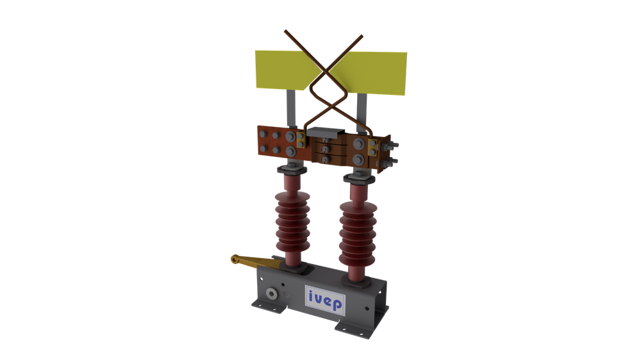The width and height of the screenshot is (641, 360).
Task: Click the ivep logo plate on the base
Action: click(325, 300)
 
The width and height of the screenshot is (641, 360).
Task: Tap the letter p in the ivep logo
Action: click(337, 304)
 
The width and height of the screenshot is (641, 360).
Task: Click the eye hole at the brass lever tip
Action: click(234, 259)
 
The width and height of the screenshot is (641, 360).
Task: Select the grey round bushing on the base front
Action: click(271, 294)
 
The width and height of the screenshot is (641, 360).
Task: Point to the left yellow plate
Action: click(286, 69)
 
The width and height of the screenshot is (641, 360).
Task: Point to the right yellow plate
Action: click(370, 73)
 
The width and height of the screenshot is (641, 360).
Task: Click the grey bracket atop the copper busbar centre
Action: click(326, 132)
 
